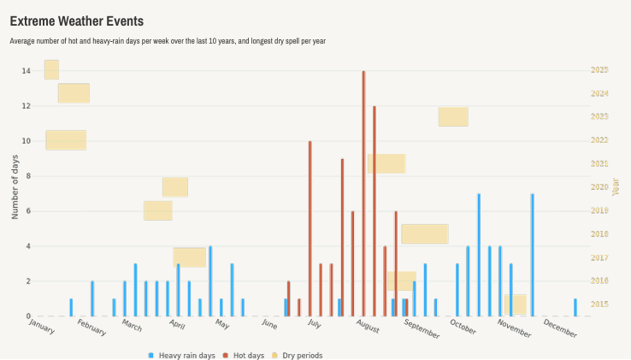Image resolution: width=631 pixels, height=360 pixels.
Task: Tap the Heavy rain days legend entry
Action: (180, 355)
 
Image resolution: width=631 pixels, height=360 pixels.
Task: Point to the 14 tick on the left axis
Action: (26, 71)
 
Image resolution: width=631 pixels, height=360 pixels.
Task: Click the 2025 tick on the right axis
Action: (599, 70)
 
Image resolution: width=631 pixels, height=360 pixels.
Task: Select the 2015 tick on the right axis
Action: (599, 304)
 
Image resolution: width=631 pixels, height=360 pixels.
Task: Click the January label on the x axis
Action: (42, 326)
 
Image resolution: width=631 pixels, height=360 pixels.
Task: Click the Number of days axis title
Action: (15, 187)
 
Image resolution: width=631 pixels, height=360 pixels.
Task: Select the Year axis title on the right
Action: (616, 186)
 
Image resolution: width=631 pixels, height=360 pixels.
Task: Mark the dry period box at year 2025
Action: (51, 69)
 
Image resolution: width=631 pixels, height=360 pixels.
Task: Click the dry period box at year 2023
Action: (453, 116)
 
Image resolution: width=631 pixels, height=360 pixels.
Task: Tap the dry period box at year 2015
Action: (516, 304)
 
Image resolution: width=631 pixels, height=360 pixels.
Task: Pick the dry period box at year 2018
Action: (425, 233)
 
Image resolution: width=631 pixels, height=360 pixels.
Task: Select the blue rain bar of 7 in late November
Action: (532, 255)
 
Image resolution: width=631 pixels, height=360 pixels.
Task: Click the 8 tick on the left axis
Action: (27, 176)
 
